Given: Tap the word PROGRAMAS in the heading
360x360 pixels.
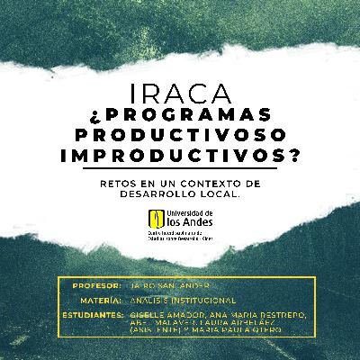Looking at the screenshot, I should tap(190, 116).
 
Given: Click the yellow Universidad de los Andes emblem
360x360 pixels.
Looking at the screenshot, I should tap(159, 217).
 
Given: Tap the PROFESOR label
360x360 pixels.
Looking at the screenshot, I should tap(95, 285).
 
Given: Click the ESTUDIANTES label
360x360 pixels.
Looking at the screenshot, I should tap(94, 316).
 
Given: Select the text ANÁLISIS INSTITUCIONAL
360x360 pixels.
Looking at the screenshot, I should tap(184, 300).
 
